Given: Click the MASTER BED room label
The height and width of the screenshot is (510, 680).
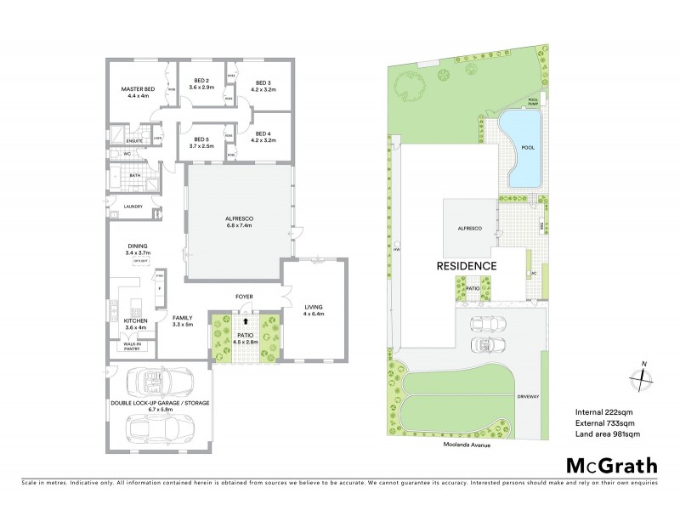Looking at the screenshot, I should click(137, 88).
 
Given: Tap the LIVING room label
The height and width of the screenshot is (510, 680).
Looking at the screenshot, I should click(314, 308).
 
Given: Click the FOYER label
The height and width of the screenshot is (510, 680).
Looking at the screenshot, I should click(246, 297).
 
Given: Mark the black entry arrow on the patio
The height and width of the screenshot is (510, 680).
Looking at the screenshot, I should click(246, 322).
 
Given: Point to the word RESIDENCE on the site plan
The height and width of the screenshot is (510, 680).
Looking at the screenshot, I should click(467, 265).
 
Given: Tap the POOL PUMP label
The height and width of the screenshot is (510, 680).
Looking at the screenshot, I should click(535, 101).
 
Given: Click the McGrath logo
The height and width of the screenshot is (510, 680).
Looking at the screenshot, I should click(610, 465).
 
